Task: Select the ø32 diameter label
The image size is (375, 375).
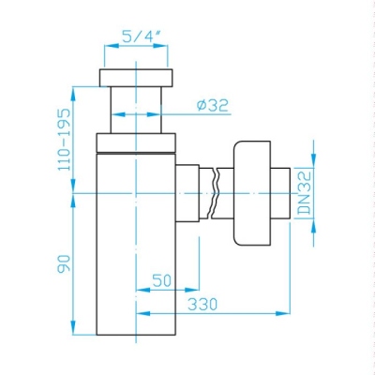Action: [213, 107]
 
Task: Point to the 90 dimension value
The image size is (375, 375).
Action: [62, 265]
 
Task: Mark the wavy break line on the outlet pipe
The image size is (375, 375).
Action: [217, 193]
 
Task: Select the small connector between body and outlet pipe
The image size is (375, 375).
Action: [187, 193]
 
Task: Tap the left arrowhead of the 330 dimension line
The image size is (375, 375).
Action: [142, 314]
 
